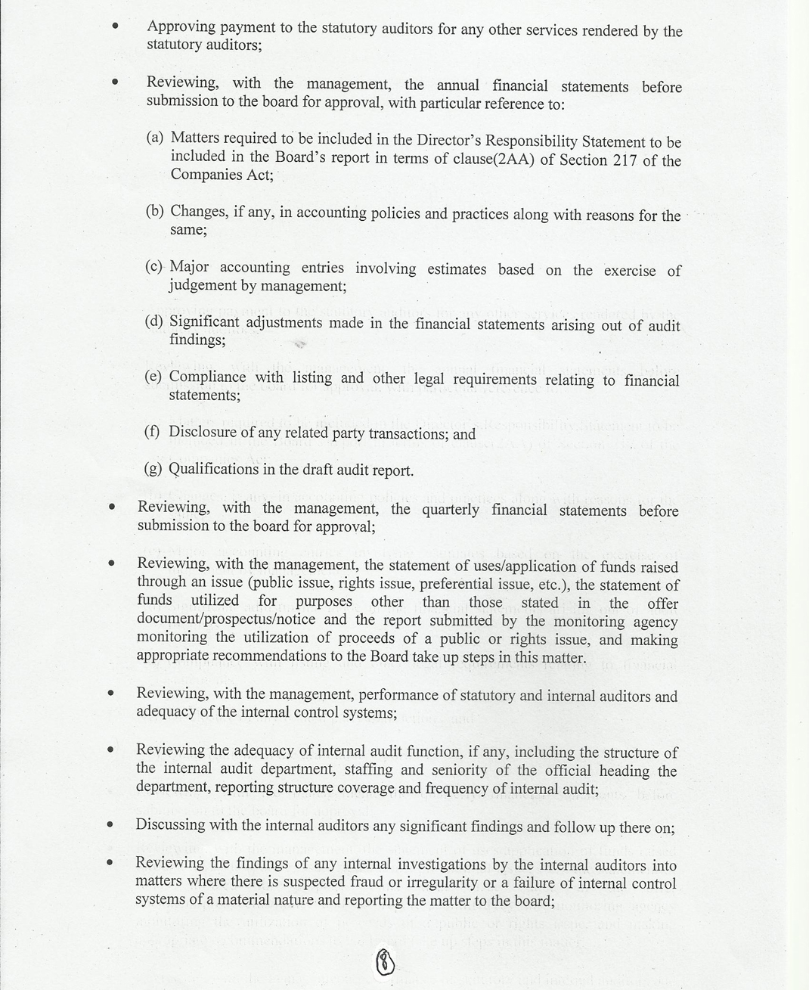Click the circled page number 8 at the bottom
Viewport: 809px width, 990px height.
click(386, 962)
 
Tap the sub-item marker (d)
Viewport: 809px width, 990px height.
click(153, 321)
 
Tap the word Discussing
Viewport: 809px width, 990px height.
click(170, 824)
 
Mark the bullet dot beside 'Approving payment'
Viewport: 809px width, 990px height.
click(115, 25)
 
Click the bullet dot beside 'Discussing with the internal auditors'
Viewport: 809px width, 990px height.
click(110, 824)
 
